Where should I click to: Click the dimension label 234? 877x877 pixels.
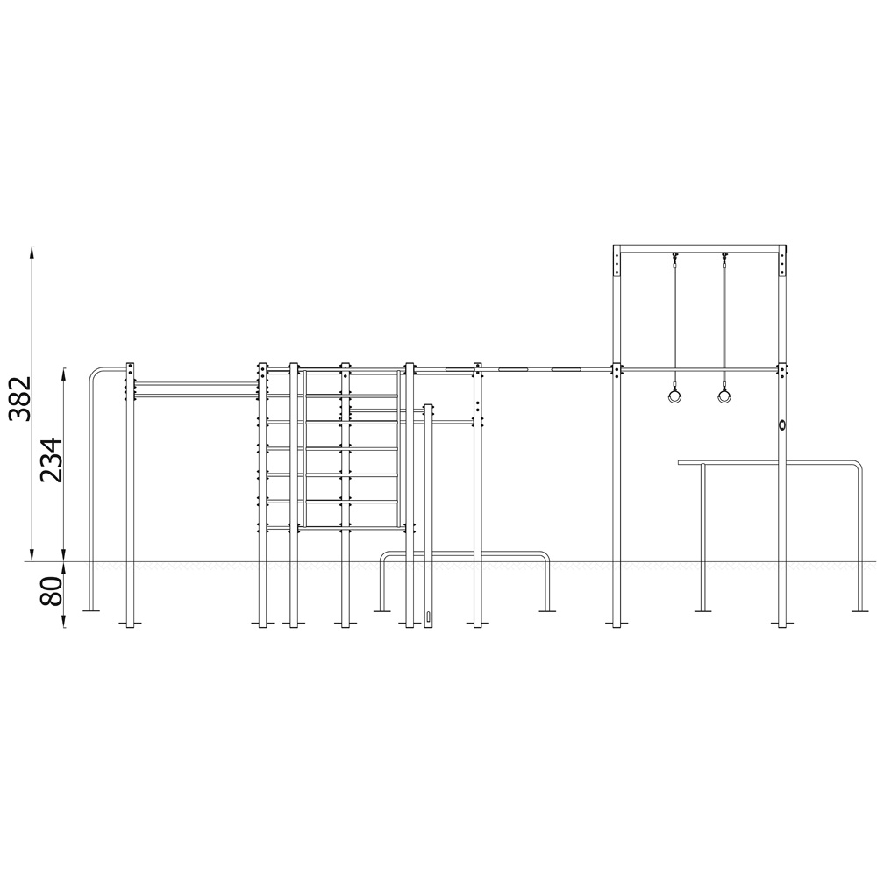[x=51, y=460]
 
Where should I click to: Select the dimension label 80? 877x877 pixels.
[x=51, y=591]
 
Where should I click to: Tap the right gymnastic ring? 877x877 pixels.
[x=725, y=396]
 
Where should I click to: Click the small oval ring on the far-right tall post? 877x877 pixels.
[x=782, y=424]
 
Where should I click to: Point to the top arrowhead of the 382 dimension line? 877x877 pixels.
[x=32, y=251]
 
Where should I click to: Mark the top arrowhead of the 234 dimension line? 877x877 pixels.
[x=65, y=374]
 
